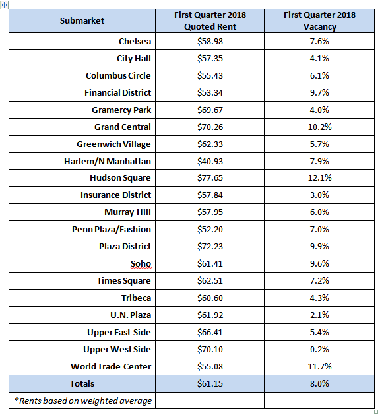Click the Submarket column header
coord(82,20)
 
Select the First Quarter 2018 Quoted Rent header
coord(210,20)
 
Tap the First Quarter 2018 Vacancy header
coord(319,20)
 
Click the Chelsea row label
coord(135,41)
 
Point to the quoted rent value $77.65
coord(210,177)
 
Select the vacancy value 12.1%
coord(319,177)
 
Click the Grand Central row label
coord(123,127)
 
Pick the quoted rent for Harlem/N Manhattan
coord(210,161)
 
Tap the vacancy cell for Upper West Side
coord(319,349)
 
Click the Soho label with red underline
coord(141,263)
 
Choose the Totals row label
coord(82,383)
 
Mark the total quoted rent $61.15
coord(210,383)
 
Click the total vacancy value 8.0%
coord(319,383)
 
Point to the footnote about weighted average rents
coord(83,401)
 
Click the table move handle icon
coord(4,5)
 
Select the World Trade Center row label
coord(111,366)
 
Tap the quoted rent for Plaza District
coord(210,246)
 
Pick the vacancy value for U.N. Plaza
coord(319,315)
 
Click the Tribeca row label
coord(136,298)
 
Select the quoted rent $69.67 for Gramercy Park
coord(210,110)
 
